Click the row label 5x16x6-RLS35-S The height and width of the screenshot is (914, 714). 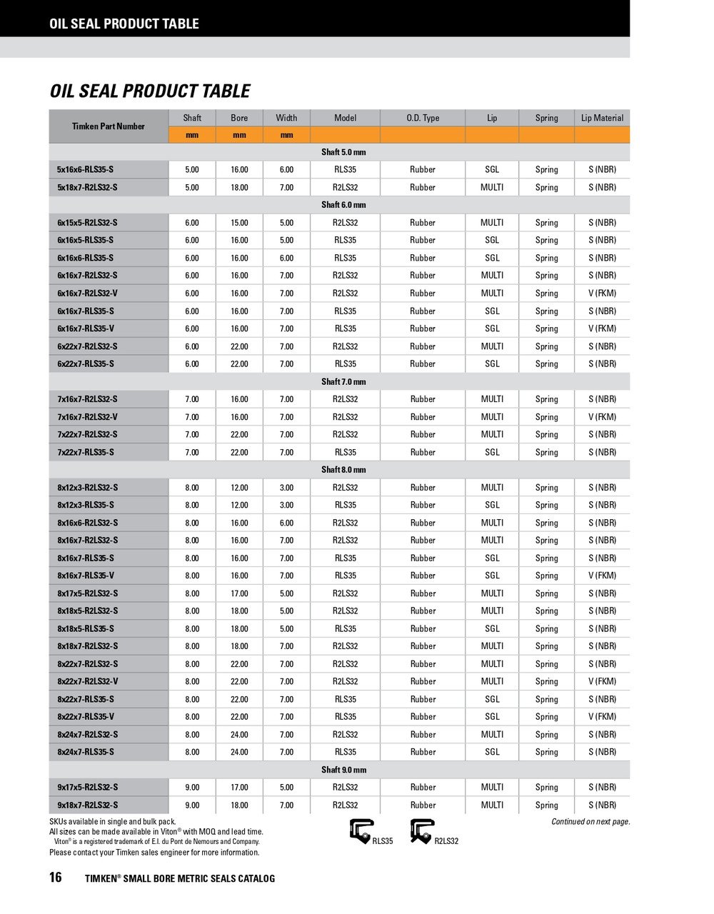click(x=85, y=170)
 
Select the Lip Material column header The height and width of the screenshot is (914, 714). click(x=602, y=118)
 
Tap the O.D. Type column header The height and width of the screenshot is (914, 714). click(x=423, y=118)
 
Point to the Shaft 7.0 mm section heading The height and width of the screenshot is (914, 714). click(x=343, y=382)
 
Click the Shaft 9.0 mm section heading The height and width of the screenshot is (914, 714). click(x=343, y=770)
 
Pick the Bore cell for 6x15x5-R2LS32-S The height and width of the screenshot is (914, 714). click(x=239, y=223)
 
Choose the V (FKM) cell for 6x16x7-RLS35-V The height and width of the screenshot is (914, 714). click(x=602, y=328)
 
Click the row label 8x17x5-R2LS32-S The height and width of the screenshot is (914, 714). click(x=88, y=593)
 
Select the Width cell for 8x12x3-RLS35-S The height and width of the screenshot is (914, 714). click(x=286, y=505)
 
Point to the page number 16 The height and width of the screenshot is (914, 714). click(x=56, y=878)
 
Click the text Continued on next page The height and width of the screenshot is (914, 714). click(x=590, y=822)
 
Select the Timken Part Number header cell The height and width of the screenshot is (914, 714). click(x=109, y=126)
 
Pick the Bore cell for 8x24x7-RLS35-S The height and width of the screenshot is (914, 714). click(x=239, y=752)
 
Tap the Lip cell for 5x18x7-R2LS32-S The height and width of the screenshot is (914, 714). click(x=492, y=187)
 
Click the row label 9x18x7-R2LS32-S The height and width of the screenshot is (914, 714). click(x=88, y=805)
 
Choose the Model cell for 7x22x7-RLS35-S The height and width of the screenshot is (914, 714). click(x=345, y=452)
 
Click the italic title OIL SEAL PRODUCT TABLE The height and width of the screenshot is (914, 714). click(x=150, y=91)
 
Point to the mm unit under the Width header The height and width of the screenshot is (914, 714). click(x=286, y=135)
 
